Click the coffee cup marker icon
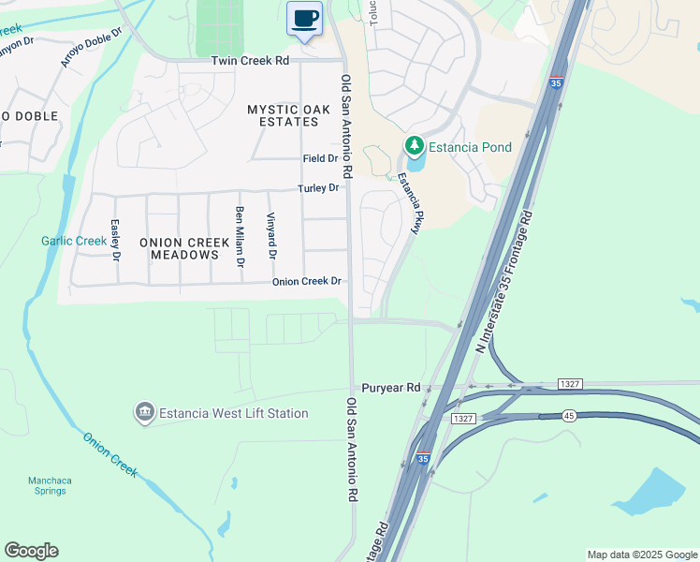[x=304, y=19]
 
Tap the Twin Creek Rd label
[x=250, y=60]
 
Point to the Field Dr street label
[x=320, y=159]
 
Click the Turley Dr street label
[x=318, y=188]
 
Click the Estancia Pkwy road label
[x=411, y=197]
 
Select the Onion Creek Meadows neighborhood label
[x=184, y=248]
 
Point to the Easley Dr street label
[x=116, y=240]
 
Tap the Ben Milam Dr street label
[x=241, y=230]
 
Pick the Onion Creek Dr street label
[x=307, y=282]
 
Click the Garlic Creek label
[x=74, y=241]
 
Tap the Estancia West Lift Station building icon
[x=144, y=412]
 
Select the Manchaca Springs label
[x=50, y=485]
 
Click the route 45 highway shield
[x=569, y=415]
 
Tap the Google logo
[x=31, y=551]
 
